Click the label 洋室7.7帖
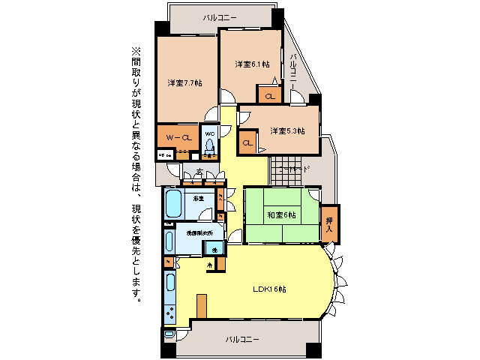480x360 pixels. point(184,82)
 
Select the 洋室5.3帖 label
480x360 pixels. point(287,131)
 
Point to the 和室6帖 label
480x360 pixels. point(281,215)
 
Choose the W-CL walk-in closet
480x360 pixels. point(178,138)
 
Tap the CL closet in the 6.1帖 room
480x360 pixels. point(269,95)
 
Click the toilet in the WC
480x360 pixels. point(209,148)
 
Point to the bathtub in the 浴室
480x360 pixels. point(174,203)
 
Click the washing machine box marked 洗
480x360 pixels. point(214,249)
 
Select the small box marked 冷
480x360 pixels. point(210,265)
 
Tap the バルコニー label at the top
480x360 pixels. point(220,16)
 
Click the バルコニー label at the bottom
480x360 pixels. point(242,340)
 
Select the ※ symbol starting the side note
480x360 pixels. point(136,51)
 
